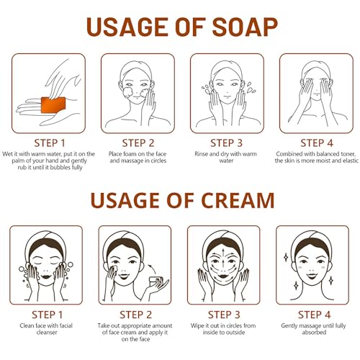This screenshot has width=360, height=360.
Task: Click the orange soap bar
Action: coord(53,104)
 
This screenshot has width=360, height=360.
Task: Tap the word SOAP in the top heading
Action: coord(245,27)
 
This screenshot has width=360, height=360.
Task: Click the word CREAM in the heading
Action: coord(238,200)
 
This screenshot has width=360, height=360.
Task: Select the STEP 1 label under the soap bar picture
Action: coord(50,143)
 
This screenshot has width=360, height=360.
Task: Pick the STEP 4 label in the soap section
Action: coord(317,143)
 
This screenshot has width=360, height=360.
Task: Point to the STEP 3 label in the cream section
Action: coord(224,315)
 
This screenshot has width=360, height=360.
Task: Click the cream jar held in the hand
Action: coord(156,281)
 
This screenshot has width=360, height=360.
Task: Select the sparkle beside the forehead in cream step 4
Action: coord(286,257)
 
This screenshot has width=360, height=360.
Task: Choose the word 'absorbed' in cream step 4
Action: coord(314,333)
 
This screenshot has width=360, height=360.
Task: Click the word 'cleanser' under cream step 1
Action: coord(47,333)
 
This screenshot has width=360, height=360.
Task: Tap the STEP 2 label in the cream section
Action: coord(136,315)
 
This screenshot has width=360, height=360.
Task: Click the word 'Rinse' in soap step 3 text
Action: coord(202,154)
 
